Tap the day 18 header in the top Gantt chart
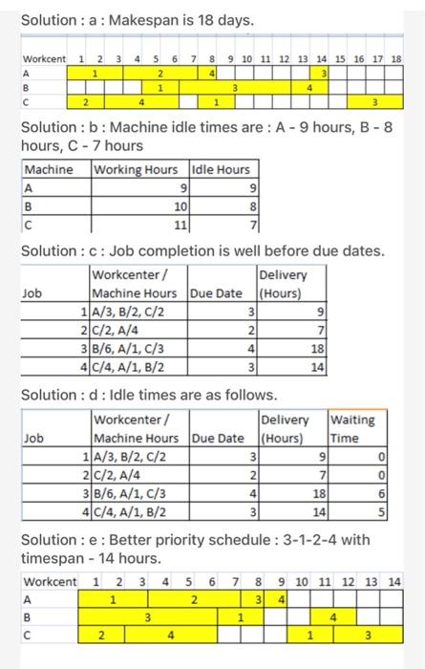click(x=396, y=59)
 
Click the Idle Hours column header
click(x=221, y=170)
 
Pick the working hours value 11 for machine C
click(x=178, y=225)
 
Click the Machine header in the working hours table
click(x=49, y=170)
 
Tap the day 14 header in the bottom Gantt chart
click(x=394, y=581)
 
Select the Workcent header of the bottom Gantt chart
click(x=50, y=581)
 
